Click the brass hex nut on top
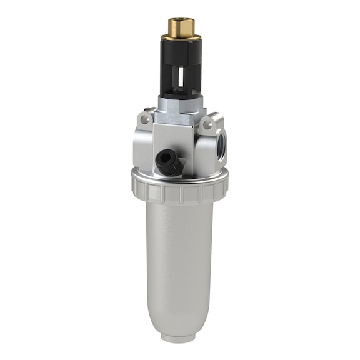[181, 27]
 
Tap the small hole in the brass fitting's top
[181, 20]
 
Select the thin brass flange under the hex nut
[181, 37]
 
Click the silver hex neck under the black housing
[177, 105]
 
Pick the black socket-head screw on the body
[166, 161]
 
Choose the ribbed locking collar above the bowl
[180, 191]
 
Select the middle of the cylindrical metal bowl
[180, 262]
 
